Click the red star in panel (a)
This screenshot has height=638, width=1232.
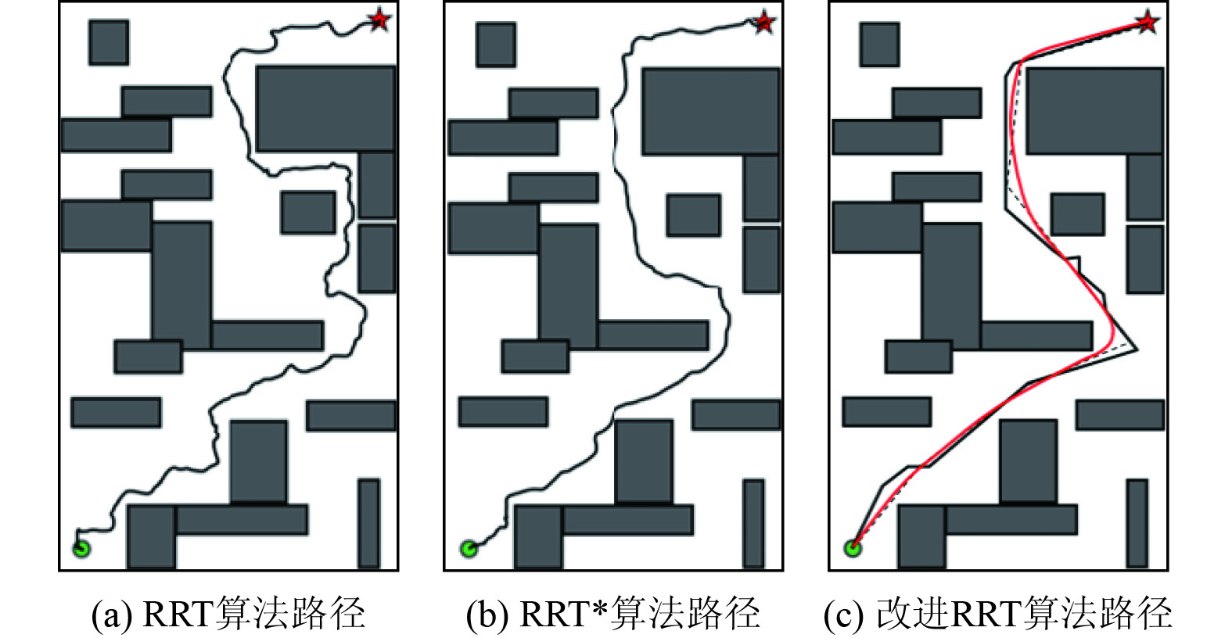tap(379, 20)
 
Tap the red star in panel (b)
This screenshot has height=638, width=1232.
tap(764, 22)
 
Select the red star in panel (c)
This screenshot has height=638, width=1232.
tap(1147, 22)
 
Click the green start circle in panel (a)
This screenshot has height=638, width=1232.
tap(81, 548)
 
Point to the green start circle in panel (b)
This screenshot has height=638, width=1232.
tap(469, 549)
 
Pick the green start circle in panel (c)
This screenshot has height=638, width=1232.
tap(853, 548)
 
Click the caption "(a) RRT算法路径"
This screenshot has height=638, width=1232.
tap(228, 614)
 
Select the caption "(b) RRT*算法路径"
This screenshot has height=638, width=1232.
tap(613, 614)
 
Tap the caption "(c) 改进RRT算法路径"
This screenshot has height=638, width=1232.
tap(998, 614)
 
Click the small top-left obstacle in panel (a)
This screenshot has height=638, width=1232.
tap(109, 42)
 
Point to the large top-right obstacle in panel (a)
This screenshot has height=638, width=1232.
tap(325, 109)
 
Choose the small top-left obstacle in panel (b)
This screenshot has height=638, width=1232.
tap(496, 45)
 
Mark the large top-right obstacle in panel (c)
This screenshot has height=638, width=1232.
tap(1094, 111)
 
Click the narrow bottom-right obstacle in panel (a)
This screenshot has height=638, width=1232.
tap(368, 523)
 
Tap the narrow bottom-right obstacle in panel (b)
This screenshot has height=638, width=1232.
tap(753, 524)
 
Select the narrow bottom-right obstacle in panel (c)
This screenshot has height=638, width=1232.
tap(1137, 523)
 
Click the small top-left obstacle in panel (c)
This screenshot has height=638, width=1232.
tap(879, 45)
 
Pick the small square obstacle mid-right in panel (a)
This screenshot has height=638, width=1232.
tap(308, 213)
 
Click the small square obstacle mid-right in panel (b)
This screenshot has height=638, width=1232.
tap(693, 216)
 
